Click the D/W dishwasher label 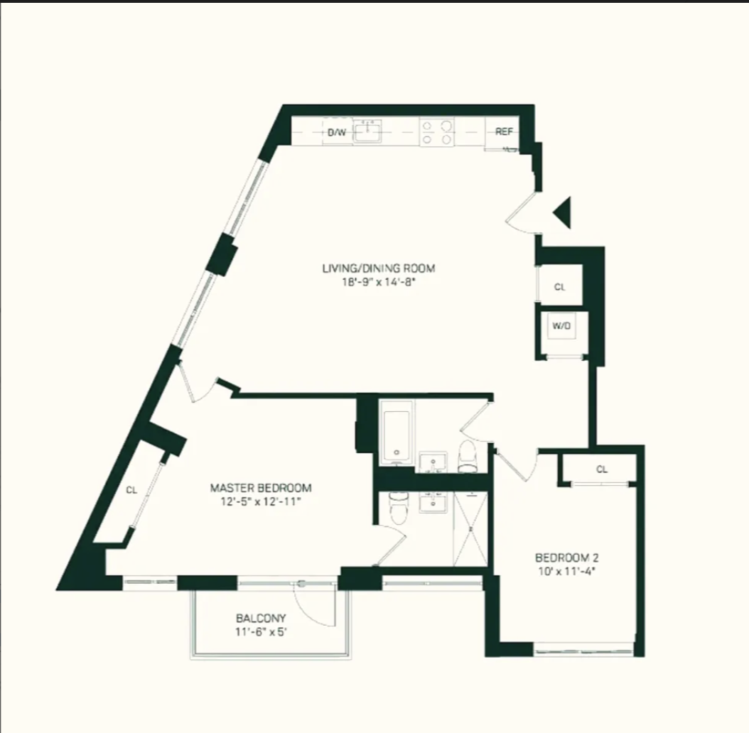click(x=337, y=132)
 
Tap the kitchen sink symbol click(x=368, y=132)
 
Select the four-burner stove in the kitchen click(x=437, y=132)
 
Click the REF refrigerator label click(x=504, y=132)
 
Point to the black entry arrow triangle click(x=563, y=212)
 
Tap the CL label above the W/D click(x=560, y=288)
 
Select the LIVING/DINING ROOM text click(x=378, y=268)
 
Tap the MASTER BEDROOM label click(x=261, y=488)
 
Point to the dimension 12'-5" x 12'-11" click(x=261, y=501)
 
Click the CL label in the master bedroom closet click(x=131, y=489)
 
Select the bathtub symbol click(x=397, y=432)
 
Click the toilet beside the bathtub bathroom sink click(x=468, y=456)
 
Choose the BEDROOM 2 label click(x=562, y=557)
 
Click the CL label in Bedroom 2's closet click(x=602, y=469)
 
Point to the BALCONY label click(x=261, y=618)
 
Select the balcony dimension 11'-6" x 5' click(x=261, y=631)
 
